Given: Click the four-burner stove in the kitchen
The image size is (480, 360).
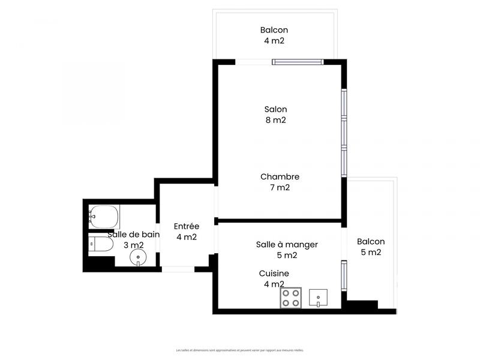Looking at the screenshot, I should [x=291, y=298].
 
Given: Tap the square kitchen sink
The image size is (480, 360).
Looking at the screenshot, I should [x=319, y=297].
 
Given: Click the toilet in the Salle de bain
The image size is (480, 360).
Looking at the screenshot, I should [x=100, y=244].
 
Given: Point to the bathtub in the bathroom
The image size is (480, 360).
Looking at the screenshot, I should [x=103, y=216].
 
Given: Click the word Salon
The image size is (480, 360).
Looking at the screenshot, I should [x=275, y=109].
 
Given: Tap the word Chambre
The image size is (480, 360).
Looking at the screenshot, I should [x=280, y=176].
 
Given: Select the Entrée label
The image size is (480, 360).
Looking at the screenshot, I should [x=186, y=226].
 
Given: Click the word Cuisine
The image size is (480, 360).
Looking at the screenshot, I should [x=274, y=273].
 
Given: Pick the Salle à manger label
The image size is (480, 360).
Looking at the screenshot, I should [x=287, y=244].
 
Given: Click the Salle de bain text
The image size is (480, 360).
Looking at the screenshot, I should [x=133, y=235].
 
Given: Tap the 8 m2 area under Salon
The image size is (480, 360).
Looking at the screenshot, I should [x=275, y=120].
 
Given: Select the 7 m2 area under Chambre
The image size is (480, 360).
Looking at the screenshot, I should [x=280, y=187].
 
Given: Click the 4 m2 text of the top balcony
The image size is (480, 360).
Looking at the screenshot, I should [x=274, y=41].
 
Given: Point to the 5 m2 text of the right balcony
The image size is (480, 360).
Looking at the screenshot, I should [x=371, y=252].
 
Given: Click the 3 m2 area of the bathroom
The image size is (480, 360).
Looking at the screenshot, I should [x=133, y=245].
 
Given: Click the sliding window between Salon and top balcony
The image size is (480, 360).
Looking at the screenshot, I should [x=298, y=61].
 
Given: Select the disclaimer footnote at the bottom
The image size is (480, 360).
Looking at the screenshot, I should [x=240, y=350].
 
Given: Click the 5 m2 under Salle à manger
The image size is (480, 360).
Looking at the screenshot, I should [x=287, y=255].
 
